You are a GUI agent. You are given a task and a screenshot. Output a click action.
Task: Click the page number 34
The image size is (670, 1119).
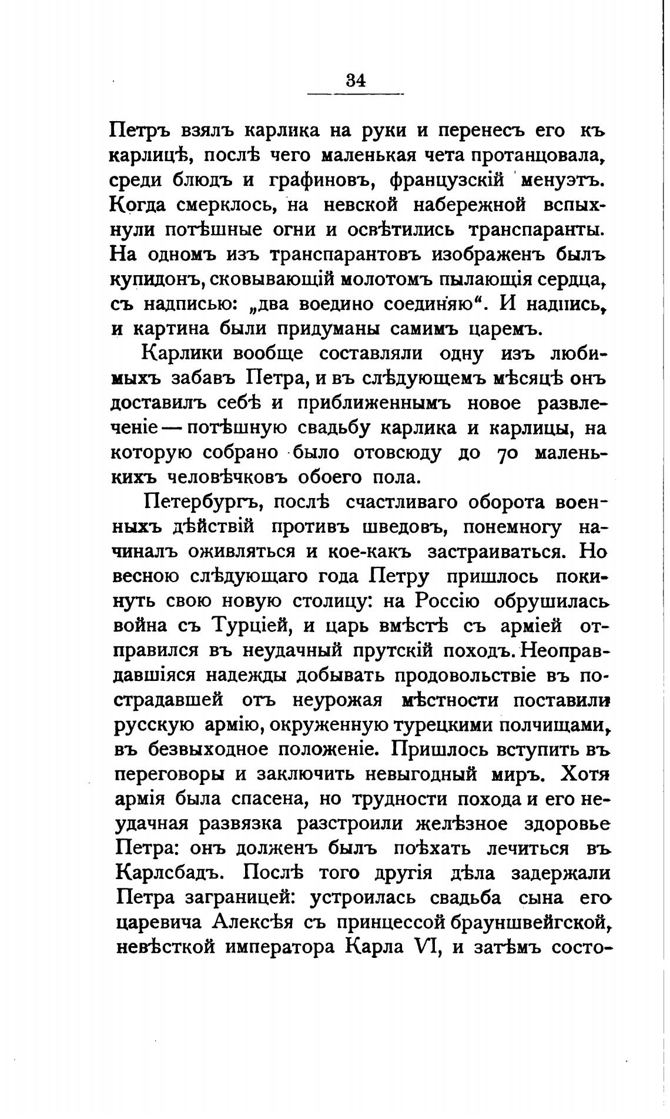coord(356,79)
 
